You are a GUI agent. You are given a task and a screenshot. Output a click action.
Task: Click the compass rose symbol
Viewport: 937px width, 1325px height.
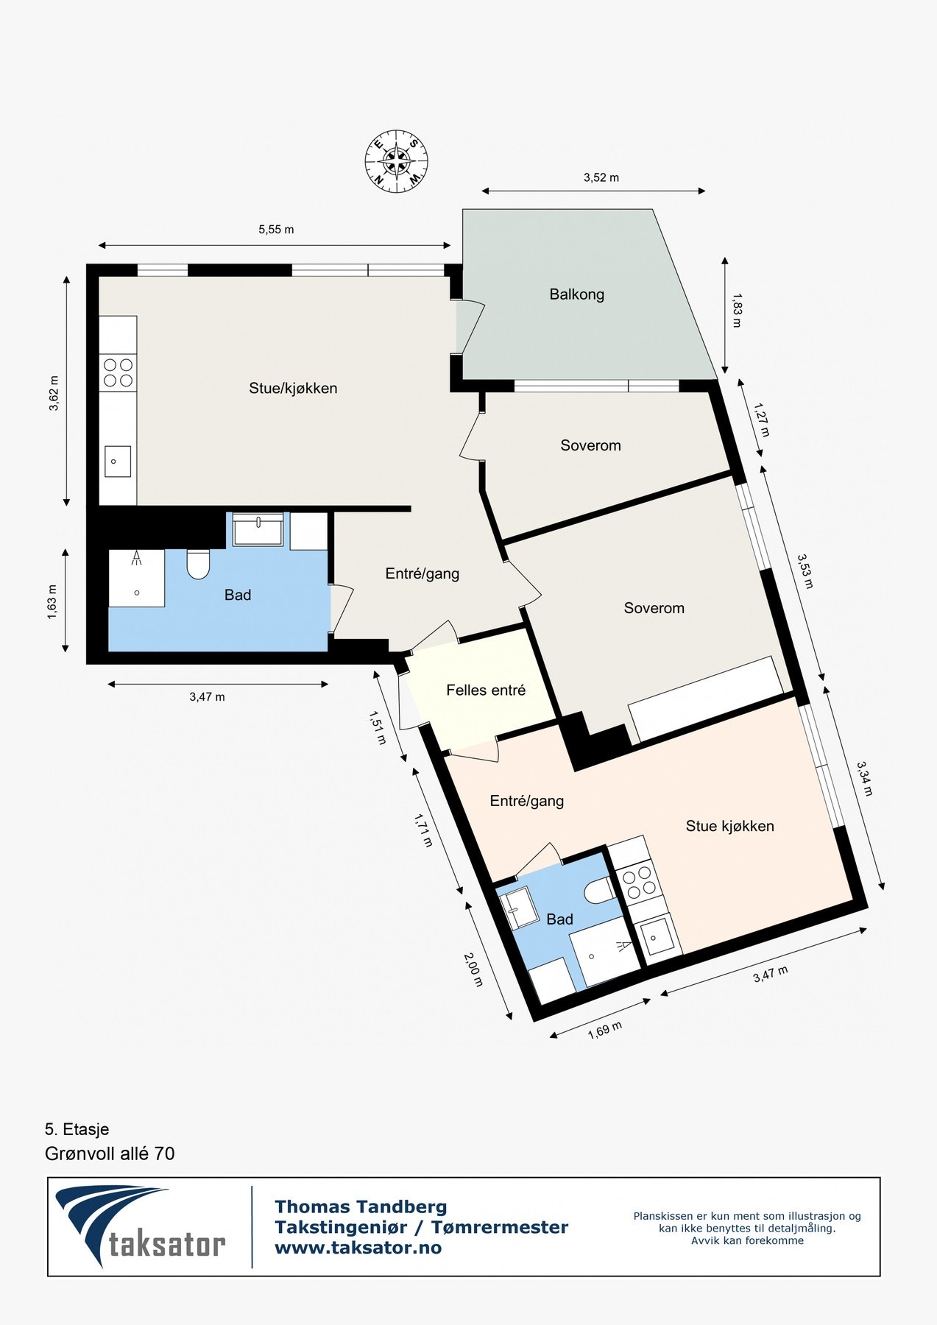tap(397, 161)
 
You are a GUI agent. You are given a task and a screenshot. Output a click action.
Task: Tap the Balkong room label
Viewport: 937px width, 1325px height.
tap(576, 294)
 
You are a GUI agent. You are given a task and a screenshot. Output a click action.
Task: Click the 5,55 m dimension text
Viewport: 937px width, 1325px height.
tap(276, 230)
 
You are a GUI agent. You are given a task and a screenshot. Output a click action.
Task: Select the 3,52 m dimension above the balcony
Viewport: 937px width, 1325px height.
tap(601, 177)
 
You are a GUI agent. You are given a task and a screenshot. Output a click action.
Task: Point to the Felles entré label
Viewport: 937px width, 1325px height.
tap(486, 690)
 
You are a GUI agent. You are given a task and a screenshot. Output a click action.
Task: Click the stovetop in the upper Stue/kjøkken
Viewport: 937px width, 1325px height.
tap(118, 372)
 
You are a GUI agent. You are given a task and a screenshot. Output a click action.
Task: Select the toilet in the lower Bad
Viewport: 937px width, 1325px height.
tap(598, 892)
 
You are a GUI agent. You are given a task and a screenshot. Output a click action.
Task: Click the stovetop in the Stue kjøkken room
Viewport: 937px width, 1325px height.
tap(638, 881)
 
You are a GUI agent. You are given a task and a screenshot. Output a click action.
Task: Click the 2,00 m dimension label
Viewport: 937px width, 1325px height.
tap(473, 969)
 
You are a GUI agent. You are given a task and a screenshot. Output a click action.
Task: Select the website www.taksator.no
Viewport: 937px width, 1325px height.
tap(358, 1248)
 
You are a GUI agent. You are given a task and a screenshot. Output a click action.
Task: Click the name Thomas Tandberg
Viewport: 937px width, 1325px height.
tap(361, 1206)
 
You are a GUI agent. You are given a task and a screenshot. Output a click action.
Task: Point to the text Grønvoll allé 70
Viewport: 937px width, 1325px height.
tap(110, 1153)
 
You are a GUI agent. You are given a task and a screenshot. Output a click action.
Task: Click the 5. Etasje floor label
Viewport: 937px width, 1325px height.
tap(77, 1129)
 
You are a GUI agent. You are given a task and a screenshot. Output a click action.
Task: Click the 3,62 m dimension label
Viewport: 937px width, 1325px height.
tap(54, 392)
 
